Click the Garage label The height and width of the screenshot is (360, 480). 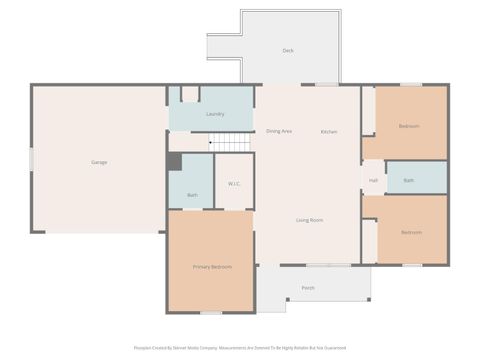(x=99, y=162)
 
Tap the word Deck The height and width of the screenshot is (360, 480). (x=288, y=50)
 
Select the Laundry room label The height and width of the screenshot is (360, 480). (x=214, y=114)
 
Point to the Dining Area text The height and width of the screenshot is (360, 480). (x=279, y=132)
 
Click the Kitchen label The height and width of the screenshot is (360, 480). (x=329, y=132)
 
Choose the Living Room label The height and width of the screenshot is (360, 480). (x=308, y=219)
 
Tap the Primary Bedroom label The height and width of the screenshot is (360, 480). (x=212, y=267)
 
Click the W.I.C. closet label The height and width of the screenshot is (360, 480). (x=234, y=183)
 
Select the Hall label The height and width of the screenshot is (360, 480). (x=373, y=180)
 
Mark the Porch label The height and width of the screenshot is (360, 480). (x=308, y=288)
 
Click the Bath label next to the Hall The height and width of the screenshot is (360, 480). (x=408, y=180)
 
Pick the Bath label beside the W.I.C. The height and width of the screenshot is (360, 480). (x=192, y=194)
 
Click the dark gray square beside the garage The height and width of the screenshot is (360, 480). (x=174, y=161)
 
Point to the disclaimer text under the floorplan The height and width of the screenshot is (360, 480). (x=240, y=348)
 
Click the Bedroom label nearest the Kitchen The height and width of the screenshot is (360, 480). (x=409, y=126)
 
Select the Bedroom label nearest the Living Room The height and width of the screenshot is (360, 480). (x=411, y=232)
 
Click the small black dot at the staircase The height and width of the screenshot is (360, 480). (x=211, y=142)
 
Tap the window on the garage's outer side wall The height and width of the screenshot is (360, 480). (x=31, y=160)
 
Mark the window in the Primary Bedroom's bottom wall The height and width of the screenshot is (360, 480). (x=210, y=312)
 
